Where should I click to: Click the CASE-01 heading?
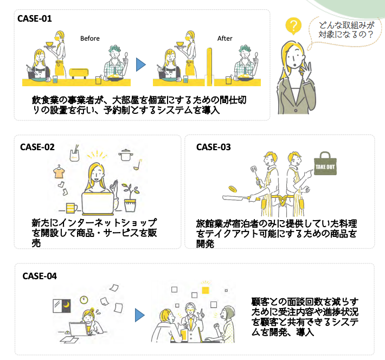pyautogui.click(x=35, y=18)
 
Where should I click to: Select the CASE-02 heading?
pyautogui.click(x=37, y=147)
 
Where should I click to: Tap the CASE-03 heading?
pyautogui.click(x=214, y=147)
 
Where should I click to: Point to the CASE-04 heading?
pyautogui.click(x=40, y=276)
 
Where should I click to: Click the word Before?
pyautogui.click(x=90, y=38)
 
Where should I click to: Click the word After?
pyautogui.click(x=224, y=38)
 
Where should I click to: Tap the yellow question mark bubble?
pyautogui.click(x=293, y=26)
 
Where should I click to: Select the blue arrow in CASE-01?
pyautogui.click(x=140, y=65)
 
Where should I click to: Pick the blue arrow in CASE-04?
pyautogui.click(x=139, y=316)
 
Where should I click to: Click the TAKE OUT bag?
pyautogui.click(x=325, y=164)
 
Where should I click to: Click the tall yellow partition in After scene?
pyautogui.click(x=209, y=67)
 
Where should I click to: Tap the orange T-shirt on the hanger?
pyautogui.click(x=59, y=172)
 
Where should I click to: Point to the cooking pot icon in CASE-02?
pyautogui.click(x=126, y=155)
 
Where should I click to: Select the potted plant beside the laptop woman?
pyautogui.click(x=130, y=198)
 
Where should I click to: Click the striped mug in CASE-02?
pyautogui.click(x=71, y=208)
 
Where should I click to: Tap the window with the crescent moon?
pyautogui.click(x=62, y=306)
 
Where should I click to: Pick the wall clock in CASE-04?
pyautogui.click(x=84, y=300)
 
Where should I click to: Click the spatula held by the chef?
pyautogui.click(x=255, y=174)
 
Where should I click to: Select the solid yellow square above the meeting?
pyautogui.click(x=206, y=290)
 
